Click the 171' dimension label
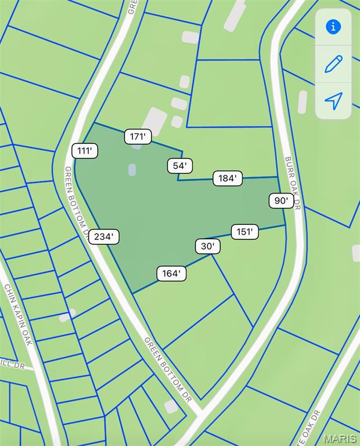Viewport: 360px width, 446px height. click(138, 136)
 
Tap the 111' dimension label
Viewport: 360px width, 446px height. click(85, 151)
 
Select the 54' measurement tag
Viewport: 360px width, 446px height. click(180, 166)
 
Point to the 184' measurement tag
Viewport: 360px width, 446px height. click(227, 178)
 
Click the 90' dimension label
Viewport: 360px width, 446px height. click(281, 201)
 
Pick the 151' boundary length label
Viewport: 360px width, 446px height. click(244, 232)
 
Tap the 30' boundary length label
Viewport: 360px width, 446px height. click(207, 246)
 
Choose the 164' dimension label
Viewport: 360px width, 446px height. click(171, 273)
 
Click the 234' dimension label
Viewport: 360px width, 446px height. click(105, 236)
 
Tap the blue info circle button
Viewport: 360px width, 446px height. click(333, 27)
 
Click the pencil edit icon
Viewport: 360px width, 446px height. click(333, 63)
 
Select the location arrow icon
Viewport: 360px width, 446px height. click(333, 100)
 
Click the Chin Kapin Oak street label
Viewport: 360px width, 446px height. click(18, 314)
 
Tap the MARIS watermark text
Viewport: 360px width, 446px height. click(340, 438)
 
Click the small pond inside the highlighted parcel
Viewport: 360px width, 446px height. click(132, 170)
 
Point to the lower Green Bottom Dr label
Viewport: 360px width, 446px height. click(168, 369)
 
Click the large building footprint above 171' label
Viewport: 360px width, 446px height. click(154, 121)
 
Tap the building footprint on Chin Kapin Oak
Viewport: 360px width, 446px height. click(67, 315)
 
